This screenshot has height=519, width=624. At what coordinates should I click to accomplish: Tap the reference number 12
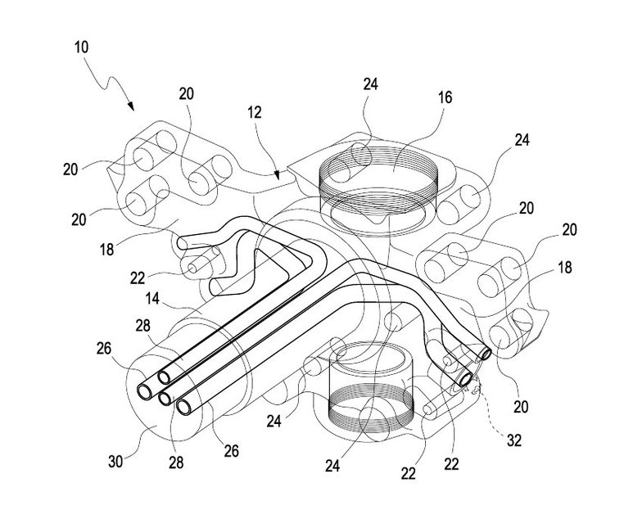coord(254,113)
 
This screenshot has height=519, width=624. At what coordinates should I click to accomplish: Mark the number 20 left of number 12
coord(187,93)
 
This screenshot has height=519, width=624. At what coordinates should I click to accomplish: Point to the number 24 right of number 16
coord(522,141)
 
